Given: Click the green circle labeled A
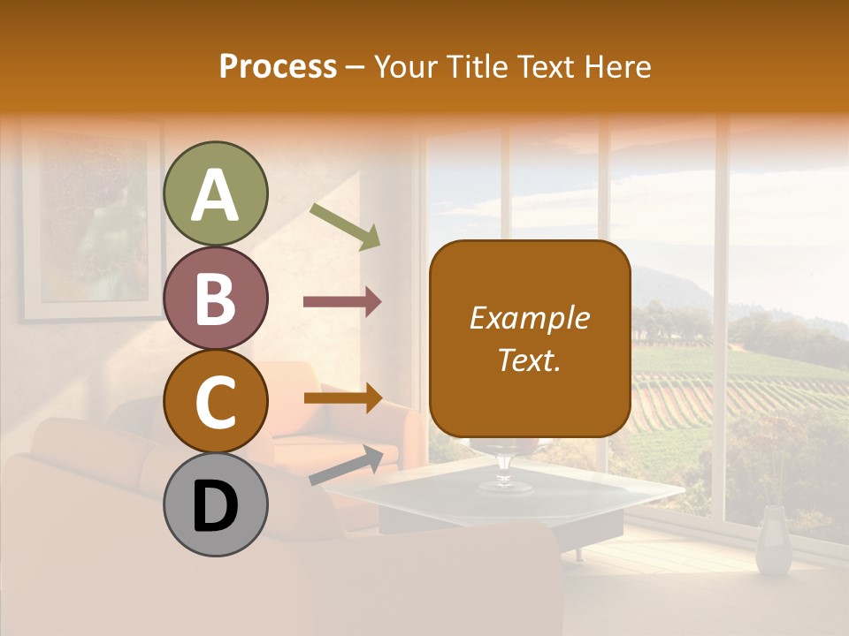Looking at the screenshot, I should point(215,193).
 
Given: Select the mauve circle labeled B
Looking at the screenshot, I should point(215,298).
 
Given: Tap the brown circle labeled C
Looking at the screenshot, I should point(215,401).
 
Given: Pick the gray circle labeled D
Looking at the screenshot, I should point(215,505).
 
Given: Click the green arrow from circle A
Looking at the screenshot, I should point(345,225).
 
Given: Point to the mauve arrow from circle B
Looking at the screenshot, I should point(342,302).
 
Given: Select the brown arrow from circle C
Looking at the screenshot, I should point(342,397).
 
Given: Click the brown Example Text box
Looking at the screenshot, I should point(530,338).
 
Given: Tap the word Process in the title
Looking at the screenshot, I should point(278,66).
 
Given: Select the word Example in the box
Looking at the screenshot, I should point(530,318).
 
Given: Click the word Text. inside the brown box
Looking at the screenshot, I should point(530,360).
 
